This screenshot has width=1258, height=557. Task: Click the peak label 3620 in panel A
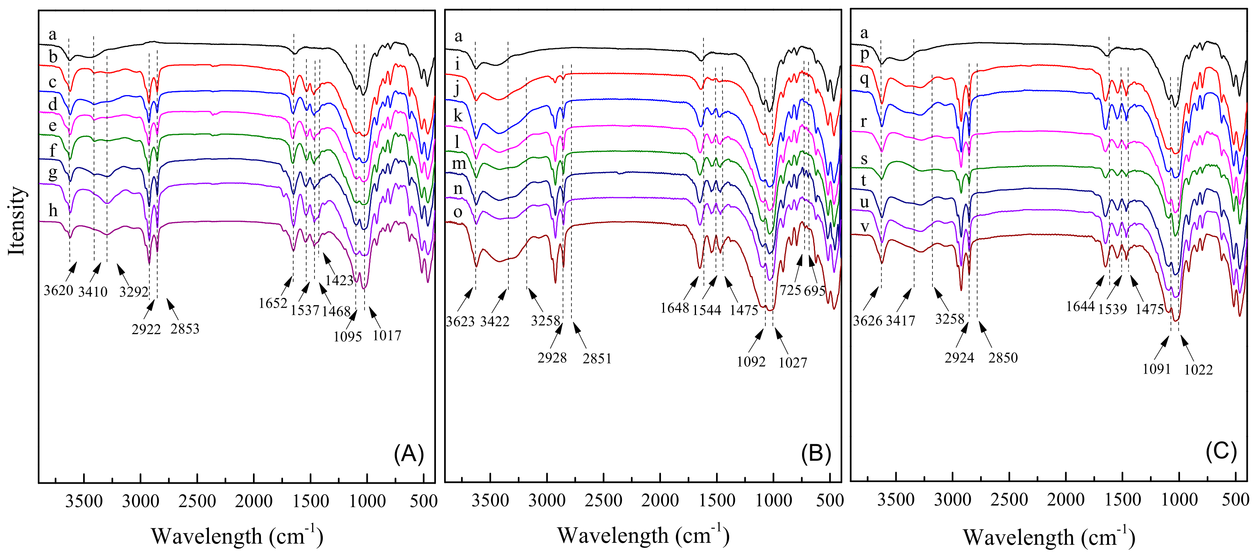click(x=58, y=290)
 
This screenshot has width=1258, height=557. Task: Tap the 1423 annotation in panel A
click(x=339, y=280)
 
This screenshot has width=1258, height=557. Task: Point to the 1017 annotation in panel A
click(x=387, y=336)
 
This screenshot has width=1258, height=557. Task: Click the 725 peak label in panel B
click(x=790, y=290)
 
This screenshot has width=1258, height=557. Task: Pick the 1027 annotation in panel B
click(x=793, y=363)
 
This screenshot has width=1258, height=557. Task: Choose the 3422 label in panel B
click(x=495, y=321)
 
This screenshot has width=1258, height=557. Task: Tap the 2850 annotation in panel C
click(x=1003, y=358)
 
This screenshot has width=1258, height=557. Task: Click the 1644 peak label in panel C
click(x=1080, y=307)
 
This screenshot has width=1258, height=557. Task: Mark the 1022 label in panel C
click(x=1198, y=369)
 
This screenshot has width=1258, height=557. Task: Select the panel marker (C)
click(x=1221, y=450)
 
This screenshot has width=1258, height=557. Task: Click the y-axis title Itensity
click(x=17, y=221)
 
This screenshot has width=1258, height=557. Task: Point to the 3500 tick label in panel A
click(x=84, y=501)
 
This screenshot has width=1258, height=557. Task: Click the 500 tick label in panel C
click(x=1236, y=499)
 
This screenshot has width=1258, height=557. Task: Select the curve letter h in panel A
click(x=53, y=211)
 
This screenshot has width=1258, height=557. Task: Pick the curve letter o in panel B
click(x=458, y=212)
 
